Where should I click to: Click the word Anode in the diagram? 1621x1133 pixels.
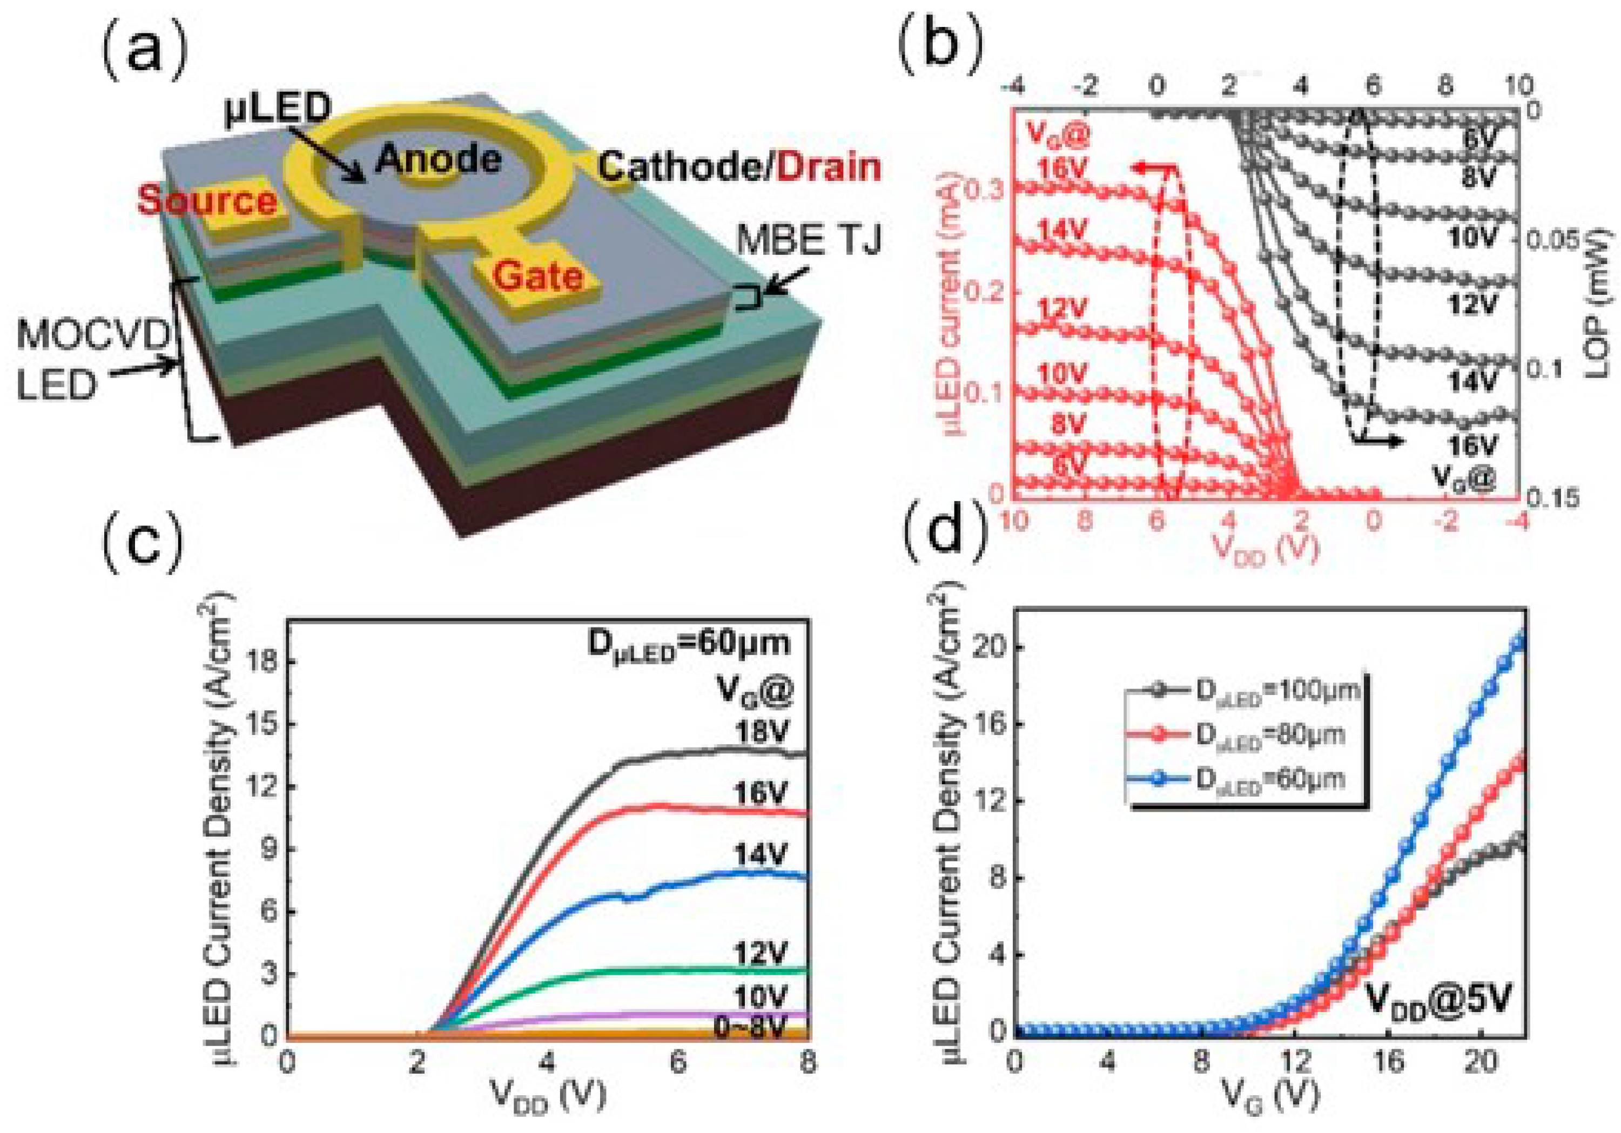[x=438, y=159]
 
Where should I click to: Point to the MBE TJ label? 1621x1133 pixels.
[x=809, y=241]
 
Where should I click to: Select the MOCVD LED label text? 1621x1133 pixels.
[x=92, y=360]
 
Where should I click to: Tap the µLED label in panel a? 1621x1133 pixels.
[x=278, y=110]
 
